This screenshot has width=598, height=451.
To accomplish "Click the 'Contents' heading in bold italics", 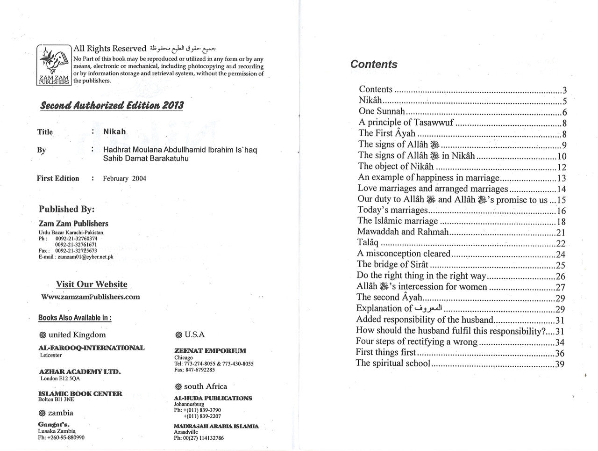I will [374, 65].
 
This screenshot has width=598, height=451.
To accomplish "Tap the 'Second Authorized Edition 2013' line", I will [112, 105].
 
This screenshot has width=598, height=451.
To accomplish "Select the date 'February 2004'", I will [124, 178].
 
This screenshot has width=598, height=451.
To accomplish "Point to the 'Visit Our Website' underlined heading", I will [92, 284].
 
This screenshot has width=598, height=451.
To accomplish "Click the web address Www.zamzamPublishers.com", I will [91, 297].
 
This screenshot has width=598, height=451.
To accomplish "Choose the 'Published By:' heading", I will [66, 209].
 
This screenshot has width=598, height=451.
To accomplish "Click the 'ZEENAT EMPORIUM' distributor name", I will [210, 350].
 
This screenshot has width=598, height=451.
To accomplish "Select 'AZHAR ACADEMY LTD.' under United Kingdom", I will [79, 371].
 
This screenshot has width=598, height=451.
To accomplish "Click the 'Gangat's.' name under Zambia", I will [54, 424].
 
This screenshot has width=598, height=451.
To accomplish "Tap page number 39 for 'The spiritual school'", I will [559, 364].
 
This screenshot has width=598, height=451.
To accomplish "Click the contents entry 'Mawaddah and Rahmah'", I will [403, 232].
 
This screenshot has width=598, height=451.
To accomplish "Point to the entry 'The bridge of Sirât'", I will [392, 264].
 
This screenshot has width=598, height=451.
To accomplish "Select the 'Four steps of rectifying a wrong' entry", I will [416, 342].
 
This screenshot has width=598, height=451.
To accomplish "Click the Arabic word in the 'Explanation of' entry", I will [428, 308].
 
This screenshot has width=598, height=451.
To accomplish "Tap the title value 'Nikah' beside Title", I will [114, 132].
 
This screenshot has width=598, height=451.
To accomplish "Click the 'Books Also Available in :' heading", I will [75, 318].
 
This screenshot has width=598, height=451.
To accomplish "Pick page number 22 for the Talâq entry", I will [560, 243].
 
